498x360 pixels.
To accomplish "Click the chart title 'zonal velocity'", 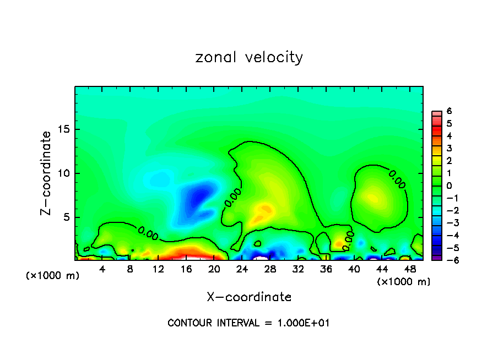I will point(249,57).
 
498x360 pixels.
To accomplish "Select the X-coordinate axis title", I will point(249,297).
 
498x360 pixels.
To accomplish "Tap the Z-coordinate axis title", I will point(46,173).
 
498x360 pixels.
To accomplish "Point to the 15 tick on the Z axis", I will point(64,130).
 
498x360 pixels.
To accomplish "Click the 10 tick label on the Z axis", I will point(64,173).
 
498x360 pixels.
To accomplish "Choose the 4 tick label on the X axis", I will point(102,269).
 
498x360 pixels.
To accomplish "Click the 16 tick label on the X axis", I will point(186,269).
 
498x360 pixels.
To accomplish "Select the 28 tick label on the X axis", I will point(270,269).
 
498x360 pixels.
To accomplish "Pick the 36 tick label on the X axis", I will point(326,269).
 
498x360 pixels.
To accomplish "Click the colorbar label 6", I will point(449,111).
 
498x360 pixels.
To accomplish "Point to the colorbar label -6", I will point(447,260).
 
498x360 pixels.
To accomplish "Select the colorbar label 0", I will point(449,186).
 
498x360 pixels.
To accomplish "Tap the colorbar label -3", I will point(447,223).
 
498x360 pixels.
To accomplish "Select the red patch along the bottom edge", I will point(187,254).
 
